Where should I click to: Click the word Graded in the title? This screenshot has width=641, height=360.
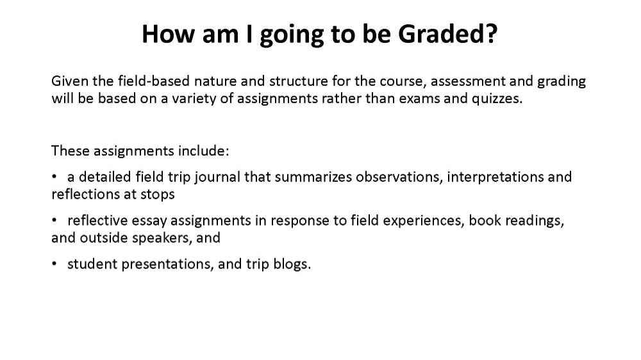coord(443,33)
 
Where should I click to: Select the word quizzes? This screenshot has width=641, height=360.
coord(497,99)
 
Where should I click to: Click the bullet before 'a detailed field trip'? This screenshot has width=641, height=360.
coord(54,177)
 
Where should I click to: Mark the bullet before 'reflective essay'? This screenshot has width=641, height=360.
coord(54,220)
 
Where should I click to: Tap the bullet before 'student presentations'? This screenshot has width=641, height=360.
coord(54,264)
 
